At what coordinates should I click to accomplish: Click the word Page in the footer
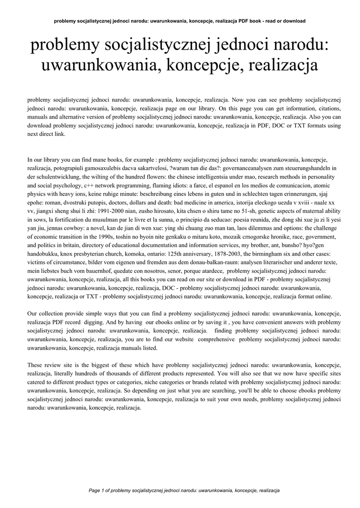point(95,491)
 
